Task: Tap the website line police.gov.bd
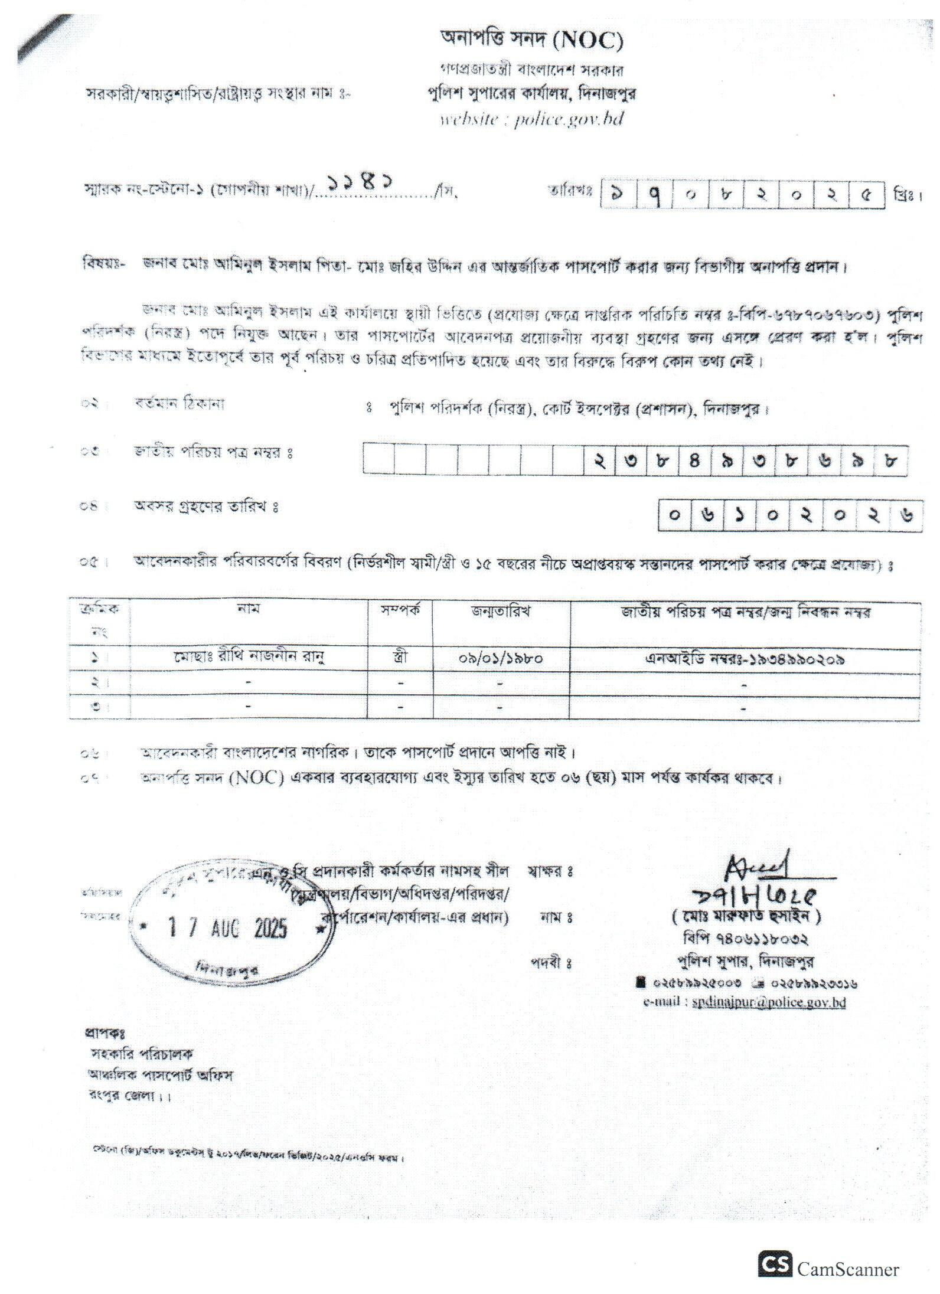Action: [x=531, y=119]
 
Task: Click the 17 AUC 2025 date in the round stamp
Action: [x=228, y=929]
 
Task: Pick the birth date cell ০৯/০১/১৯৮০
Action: [x=501, y=658]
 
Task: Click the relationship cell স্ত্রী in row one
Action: [x=401, y=658]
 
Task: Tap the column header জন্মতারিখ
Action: [x=501, y=612]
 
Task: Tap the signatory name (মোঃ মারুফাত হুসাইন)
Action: [x=746, y=917]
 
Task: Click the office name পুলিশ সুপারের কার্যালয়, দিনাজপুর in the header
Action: [x=531, y=93]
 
